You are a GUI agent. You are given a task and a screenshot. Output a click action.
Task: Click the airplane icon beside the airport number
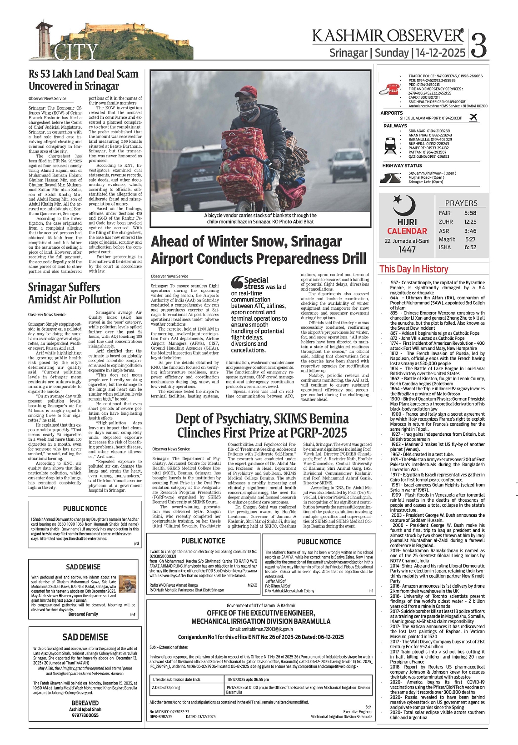coord(473,117)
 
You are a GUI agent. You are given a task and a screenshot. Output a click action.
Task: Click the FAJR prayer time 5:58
coord(470,213)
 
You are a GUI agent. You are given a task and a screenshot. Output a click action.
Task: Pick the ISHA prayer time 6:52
coord(470,247)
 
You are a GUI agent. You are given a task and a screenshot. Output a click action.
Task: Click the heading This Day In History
coord(413,269)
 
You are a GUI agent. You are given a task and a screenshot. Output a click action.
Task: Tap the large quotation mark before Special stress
coord(236,283)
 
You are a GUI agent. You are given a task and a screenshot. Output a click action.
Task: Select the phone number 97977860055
coord(85,715)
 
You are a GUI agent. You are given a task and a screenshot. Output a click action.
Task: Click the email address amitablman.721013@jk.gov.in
coord(261,629)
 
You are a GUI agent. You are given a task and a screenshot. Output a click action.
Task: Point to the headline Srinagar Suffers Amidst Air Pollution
coord(74,293)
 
